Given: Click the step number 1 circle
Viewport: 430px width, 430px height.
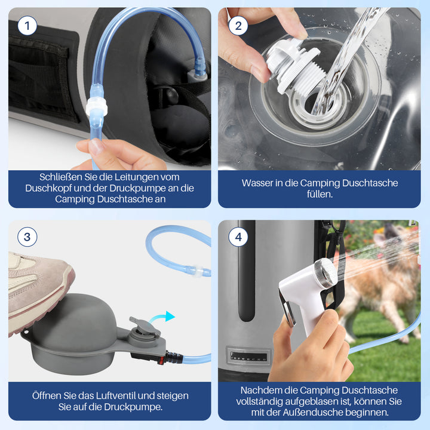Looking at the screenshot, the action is [x=27, y=26].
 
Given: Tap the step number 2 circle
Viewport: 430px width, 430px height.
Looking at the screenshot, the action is [x=238, y=26].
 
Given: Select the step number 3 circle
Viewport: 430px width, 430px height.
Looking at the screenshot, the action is [x=27, y=237].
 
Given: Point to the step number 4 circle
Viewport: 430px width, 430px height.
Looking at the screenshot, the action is [x=238, y=237].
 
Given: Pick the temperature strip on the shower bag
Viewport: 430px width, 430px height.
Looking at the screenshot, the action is [x=249, y=357].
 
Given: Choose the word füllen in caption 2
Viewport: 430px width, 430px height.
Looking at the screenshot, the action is [x=320, y=194].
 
